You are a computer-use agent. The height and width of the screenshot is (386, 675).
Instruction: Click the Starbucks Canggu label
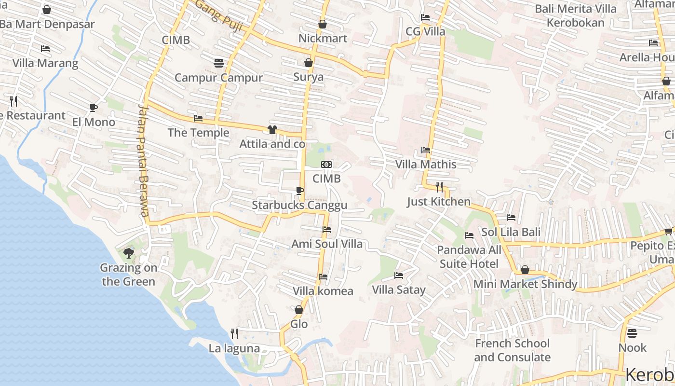(x=299, y=206)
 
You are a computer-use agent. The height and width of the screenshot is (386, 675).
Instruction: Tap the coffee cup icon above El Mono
(x=94, y=108)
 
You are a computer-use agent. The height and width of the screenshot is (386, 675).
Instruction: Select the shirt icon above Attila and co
(x=272, y=129)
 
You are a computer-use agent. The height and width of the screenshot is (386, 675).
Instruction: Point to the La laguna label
(x=234, y=348)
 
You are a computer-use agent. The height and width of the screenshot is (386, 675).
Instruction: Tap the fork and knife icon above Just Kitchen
(x=439, y=187)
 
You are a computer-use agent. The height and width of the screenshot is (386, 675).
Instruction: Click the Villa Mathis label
(x=426, y=165)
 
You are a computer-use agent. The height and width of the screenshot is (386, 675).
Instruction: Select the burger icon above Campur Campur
(x=218, y=63)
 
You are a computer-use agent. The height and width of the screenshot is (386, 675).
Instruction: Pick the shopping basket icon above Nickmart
(x=323, y=24)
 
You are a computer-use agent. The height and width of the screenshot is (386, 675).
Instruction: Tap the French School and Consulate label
(x=512, y=350)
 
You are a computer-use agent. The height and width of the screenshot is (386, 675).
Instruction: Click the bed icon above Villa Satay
(x=399, y=276)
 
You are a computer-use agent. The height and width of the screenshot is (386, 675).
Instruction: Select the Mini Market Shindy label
(x=525, y=284)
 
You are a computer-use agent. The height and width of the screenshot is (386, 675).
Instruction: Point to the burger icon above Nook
(x=632, y=333)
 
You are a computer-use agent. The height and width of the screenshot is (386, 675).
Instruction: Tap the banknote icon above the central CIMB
(x=326, y=165)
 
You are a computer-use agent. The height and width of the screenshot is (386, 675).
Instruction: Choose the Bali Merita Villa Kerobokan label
(x=576, y=15)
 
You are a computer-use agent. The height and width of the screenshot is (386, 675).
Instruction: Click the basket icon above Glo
(x=299, y=310)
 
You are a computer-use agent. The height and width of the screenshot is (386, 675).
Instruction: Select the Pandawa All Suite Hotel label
(x=469, y=257)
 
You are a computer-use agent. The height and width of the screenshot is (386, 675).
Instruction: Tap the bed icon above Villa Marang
(x=45, y=49)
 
